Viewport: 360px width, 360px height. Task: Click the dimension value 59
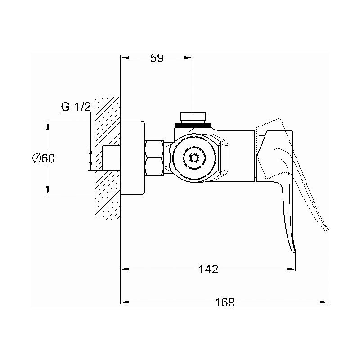(x=157, y=58)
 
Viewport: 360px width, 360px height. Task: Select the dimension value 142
(x=208, y=269)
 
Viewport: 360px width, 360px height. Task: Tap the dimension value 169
(x=225, y=302)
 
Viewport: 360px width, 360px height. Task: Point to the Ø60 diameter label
(x=44, y=158)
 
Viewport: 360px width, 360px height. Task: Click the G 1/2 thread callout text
(x=76, y=107)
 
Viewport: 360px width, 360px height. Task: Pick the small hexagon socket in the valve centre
(x=193, y=158)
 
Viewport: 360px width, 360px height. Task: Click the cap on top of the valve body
(x=193, y=116)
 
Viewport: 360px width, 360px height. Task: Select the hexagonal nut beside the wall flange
(x=154, y=158)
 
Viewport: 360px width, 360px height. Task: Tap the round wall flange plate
(x=133, y=158)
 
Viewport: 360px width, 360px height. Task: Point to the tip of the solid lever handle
(x=294, y=252)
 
